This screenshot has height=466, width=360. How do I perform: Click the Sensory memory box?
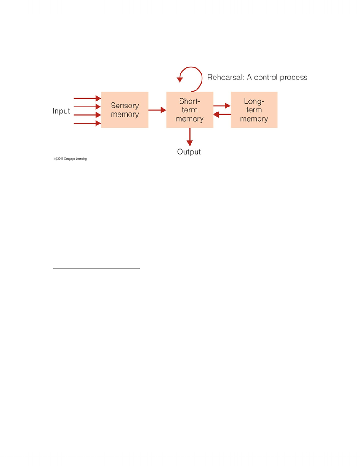point(125,110)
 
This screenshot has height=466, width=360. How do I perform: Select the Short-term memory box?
point(190,110)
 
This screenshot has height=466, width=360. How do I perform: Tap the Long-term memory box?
point(254,110)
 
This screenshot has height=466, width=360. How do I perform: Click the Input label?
point(61,111)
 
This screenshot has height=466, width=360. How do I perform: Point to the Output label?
point(189,152)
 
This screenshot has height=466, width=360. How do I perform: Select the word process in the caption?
point(293,78)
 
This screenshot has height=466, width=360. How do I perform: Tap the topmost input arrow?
point(87,98)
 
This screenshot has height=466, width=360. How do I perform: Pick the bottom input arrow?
point(87,123)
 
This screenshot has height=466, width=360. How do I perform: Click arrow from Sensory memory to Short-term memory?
point(157,110)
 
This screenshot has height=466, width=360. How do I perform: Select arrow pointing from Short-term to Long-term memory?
point(222,106)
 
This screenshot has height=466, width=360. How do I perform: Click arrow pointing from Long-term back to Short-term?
point(222,114)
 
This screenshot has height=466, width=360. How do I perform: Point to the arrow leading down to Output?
point(190,137)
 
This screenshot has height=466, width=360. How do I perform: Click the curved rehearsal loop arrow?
point(202,77)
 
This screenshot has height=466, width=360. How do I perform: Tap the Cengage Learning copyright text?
point(70,159)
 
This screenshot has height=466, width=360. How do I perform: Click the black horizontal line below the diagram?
point(96,268)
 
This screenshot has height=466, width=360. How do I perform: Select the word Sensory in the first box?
point(125,106)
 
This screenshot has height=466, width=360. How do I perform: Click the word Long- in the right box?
point(254,101)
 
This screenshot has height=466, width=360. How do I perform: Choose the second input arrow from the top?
point(87,107)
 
